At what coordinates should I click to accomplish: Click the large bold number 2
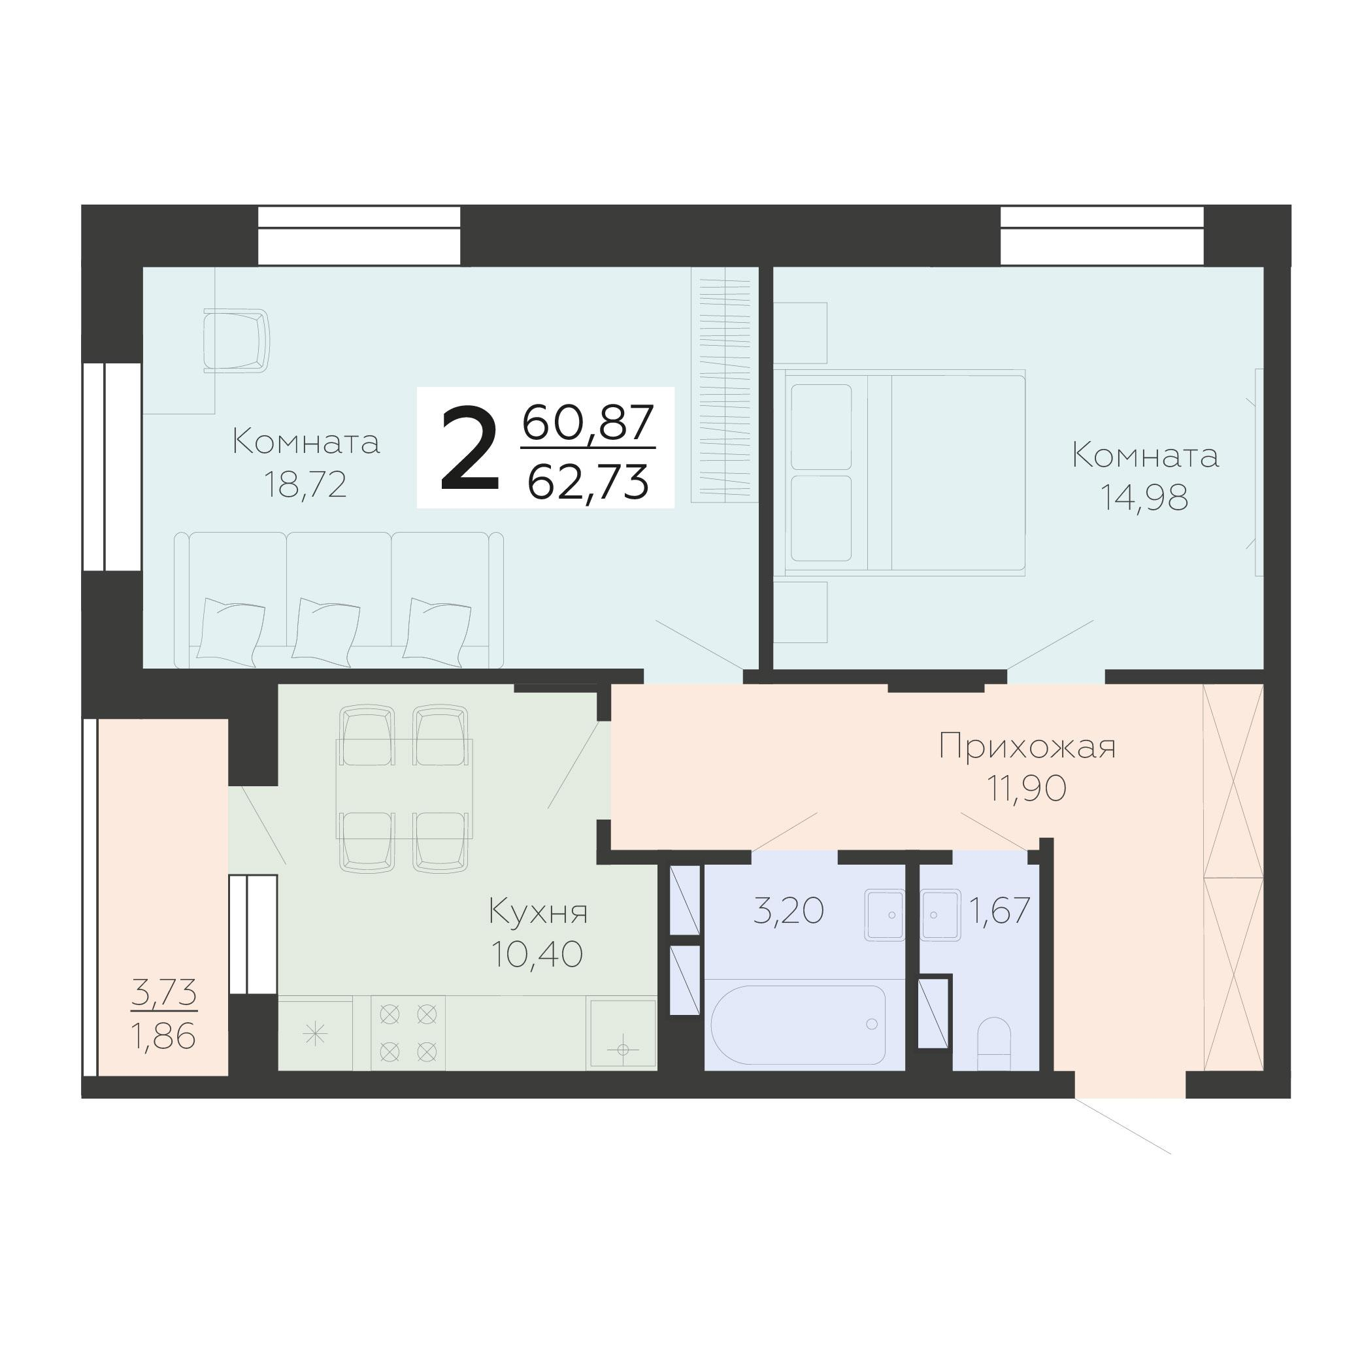tap(469, 448)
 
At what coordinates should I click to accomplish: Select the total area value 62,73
tap(588, 483)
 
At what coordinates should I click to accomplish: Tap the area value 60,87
tap(589, 423)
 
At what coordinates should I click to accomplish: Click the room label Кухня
tap(538, 912)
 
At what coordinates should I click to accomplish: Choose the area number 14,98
tap(1145, 498)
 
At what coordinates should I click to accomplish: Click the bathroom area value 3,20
tap(789, 910)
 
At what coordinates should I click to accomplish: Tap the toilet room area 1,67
tap(1001, 910)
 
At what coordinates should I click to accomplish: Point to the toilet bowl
tap(994, 1044)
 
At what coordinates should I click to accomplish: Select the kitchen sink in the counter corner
tap(622, 1033)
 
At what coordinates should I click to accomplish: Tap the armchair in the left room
tap(236, 340)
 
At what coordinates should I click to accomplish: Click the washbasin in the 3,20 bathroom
tap(885, 914)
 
